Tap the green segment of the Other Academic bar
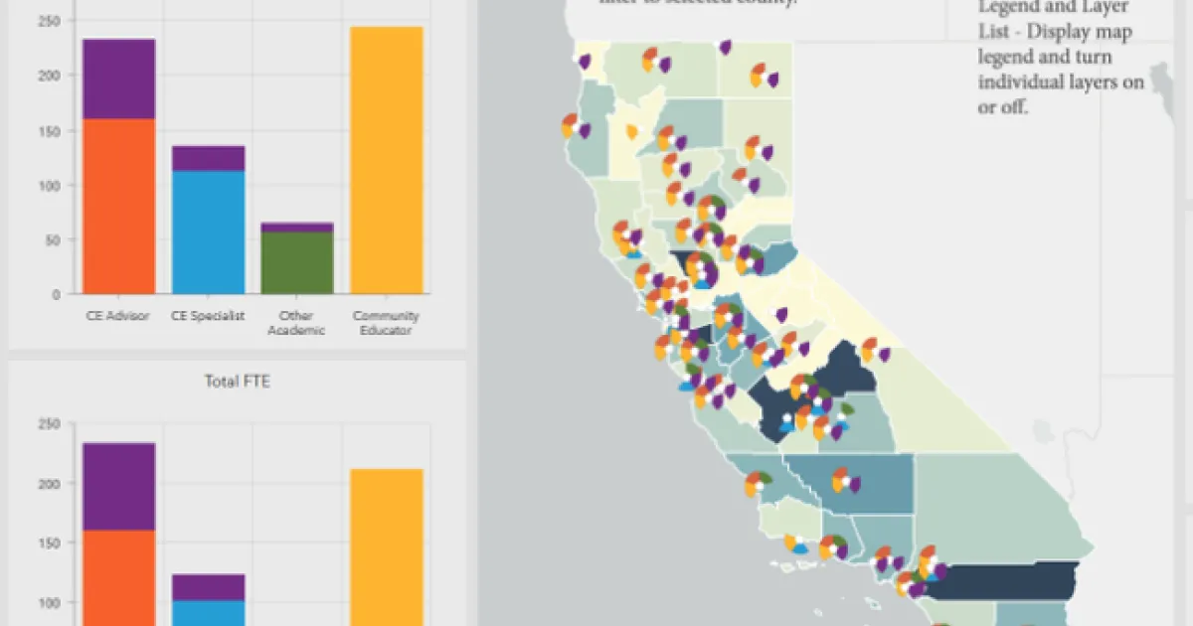point(297,262)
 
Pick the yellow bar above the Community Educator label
point(386,159)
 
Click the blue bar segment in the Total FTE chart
point(208,612)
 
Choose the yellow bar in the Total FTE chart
point(386,547)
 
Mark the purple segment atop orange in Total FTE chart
point(118,486)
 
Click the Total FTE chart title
point(237,382)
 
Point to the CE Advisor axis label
point(118,316)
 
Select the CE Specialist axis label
point(208,316)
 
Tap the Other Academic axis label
point(297,323)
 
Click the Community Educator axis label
point(386,323)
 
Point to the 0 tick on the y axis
point(58,295)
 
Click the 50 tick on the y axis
point(54,240)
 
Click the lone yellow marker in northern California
point(631,131)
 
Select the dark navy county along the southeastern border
point(1004,580)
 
